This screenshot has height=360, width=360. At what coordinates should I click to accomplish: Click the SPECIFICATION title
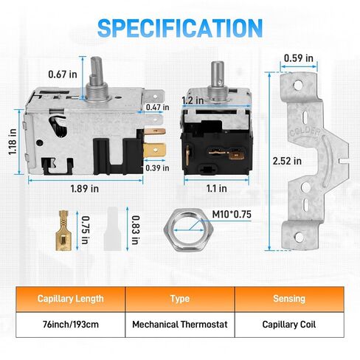pyautogui.click(x=180, y=28)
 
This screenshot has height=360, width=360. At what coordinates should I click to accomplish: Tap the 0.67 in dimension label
pyautogui.click(x=63, y=75)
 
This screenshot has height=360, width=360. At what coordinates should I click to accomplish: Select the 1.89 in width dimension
pyautogui.click(x=85, y=189)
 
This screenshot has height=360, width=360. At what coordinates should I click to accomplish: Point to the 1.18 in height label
pyautogui.click(x=13, y=142)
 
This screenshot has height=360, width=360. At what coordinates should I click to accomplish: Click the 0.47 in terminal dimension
pyautogui.click(x=157, y=107)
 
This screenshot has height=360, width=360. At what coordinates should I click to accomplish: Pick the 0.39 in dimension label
pyautogui.click(x=157, y=168)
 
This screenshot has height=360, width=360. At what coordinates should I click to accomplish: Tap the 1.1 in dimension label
pyautogui.click(x=216, y=189)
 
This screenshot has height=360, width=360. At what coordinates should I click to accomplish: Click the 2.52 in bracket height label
pyautogui.click(x=287, y=161)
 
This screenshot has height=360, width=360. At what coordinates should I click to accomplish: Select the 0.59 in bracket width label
pyautogui.click(x=299, y=58)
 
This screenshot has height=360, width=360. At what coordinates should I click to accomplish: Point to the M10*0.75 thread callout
pyautogui.click(x=232, y=215)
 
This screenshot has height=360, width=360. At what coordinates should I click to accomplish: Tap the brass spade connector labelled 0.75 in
pyautogui.click(x=63, y=230)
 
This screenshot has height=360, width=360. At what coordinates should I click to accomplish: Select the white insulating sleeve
pyautogui.click(x=112, y=229)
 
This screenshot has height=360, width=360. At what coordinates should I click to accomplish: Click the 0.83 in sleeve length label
pyautogui.click(x=135, y=230)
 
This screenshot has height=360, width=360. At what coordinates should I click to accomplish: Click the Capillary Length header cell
pyautogui.click(x=71, y=299)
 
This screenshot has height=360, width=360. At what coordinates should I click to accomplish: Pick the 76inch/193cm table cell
pyautogui.click(x=71, y=325)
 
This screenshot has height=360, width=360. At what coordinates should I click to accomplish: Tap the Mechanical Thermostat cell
pyautogui.click(x=180, y=325)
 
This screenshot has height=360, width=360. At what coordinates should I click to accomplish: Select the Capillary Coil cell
pyautogui.click(x=289, y=325)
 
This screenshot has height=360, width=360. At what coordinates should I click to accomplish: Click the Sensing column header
pyautogui.click(x=289, y=299)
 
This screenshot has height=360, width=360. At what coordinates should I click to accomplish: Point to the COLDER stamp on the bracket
pyautogui.click(x=305, y=133)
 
